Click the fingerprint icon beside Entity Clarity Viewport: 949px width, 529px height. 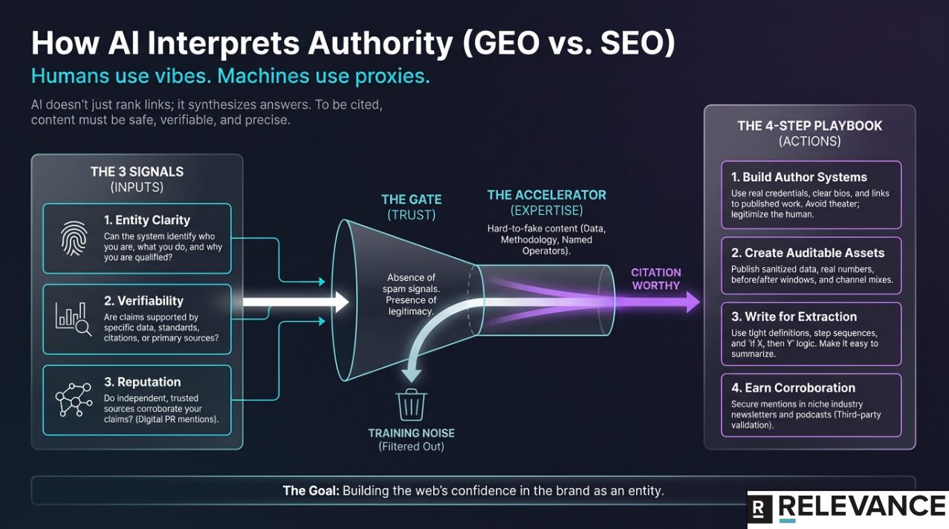74,238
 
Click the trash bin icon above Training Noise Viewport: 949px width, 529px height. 410,405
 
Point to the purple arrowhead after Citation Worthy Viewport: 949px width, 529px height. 693,302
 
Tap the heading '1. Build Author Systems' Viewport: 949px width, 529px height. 799,178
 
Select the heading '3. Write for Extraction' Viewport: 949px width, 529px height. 794,317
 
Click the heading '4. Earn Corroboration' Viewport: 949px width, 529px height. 793,388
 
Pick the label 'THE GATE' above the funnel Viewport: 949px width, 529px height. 411,199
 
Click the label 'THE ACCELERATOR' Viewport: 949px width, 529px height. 546,195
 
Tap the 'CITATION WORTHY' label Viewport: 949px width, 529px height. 655,279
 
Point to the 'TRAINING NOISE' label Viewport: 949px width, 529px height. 411,433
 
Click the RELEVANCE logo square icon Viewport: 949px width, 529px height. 759,509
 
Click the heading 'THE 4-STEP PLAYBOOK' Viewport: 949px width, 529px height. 809,126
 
